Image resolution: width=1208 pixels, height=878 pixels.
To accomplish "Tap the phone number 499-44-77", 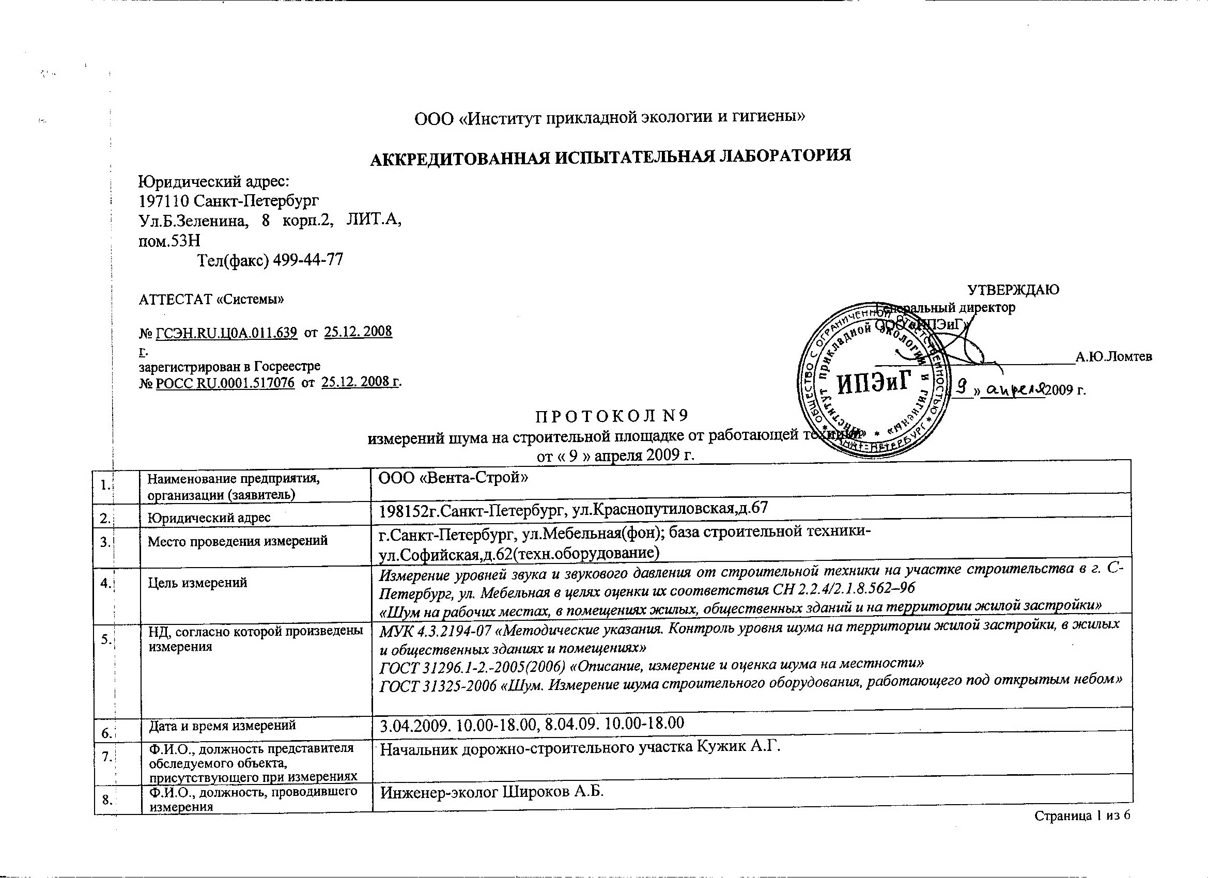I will pos(307,260).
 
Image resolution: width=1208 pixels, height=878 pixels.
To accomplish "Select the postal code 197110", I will pos(163,201).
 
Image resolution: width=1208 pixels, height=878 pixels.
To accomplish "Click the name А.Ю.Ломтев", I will pos(1114,357).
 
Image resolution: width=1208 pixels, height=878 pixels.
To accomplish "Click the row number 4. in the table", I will pos(105,583).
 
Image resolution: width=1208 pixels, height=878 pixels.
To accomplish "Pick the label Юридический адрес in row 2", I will pos(209,517).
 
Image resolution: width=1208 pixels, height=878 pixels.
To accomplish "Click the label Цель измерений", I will pos(197,583).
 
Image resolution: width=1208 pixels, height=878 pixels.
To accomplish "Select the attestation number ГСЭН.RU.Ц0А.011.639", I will pos(226,333).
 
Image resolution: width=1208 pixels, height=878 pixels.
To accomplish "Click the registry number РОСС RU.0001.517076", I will pos(225,383).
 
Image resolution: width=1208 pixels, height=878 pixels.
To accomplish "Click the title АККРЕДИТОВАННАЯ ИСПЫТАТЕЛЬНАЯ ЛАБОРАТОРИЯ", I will pos(610,156).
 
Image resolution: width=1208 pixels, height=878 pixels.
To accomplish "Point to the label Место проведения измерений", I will pos(238,541).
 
